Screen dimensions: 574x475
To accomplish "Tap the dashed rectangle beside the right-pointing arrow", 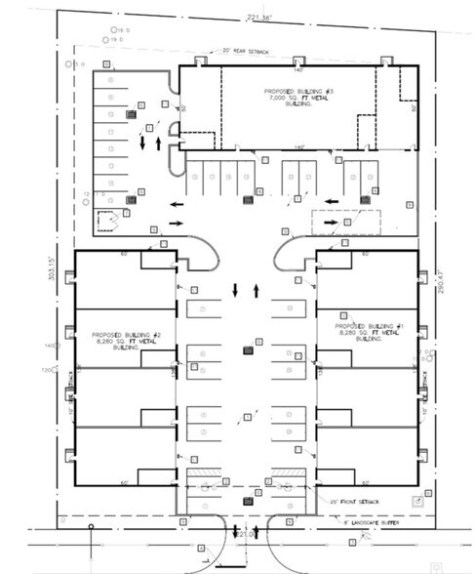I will point(329,222).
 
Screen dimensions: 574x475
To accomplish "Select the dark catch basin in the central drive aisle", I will point(247,350).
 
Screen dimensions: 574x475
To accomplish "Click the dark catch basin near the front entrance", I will point(247,501).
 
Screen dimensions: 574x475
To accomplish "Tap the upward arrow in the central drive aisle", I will point(256,290).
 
